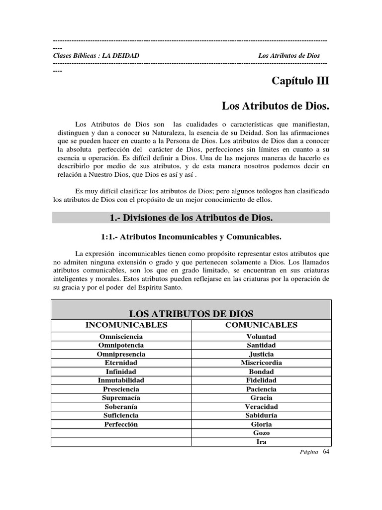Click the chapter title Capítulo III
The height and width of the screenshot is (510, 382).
pyautogui.click(x=300, y=81)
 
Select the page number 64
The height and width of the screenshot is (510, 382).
pyautogui.click(x=326, y=452)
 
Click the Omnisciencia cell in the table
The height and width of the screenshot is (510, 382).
pyautogui.click(x=121, y=337)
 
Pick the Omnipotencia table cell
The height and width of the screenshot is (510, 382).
pyautogui.click(x=121, y=345)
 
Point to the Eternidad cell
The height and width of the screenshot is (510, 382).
pyautogui.click(x=121, y=363)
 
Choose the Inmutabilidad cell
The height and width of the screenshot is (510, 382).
pyautogui.click(x=121, y=380)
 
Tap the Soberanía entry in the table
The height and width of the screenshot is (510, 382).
pyautogui.click(x=121, y=406)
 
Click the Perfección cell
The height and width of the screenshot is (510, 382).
pyautogui.click(x=121, y=424)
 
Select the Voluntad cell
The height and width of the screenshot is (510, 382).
pyautogui.click(x=261, y=337)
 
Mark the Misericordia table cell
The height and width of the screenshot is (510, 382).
pyautogui.click(x=261, y=363)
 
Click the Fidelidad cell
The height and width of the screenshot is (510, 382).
pyautogui.click(x=261, y=380)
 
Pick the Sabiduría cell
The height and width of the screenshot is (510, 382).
pyautogui.click(x=261, y=415)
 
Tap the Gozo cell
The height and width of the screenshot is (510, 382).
pyautogui.click(x=261, y=433)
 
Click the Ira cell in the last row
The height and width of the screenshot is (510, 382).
pyautogui.click(x=261, y=442)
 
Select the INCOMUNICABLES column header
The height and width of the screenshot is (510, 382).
pyautogui.click(x=127, y=325)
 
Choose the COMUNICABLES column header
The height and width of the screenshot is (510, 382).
pyautogui.click(x=261, y=325)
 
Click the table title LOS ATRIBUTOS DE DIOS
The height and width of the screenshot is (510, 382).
pyautogui.click(x=191, y=314)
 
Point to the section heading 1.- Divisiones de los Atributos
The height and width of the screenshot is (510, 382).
pyautogui.click(x=191, y=218)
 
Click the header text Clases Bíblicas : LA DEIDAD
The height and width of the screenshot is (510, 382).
pyautogui.click(x=96, y=55)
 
